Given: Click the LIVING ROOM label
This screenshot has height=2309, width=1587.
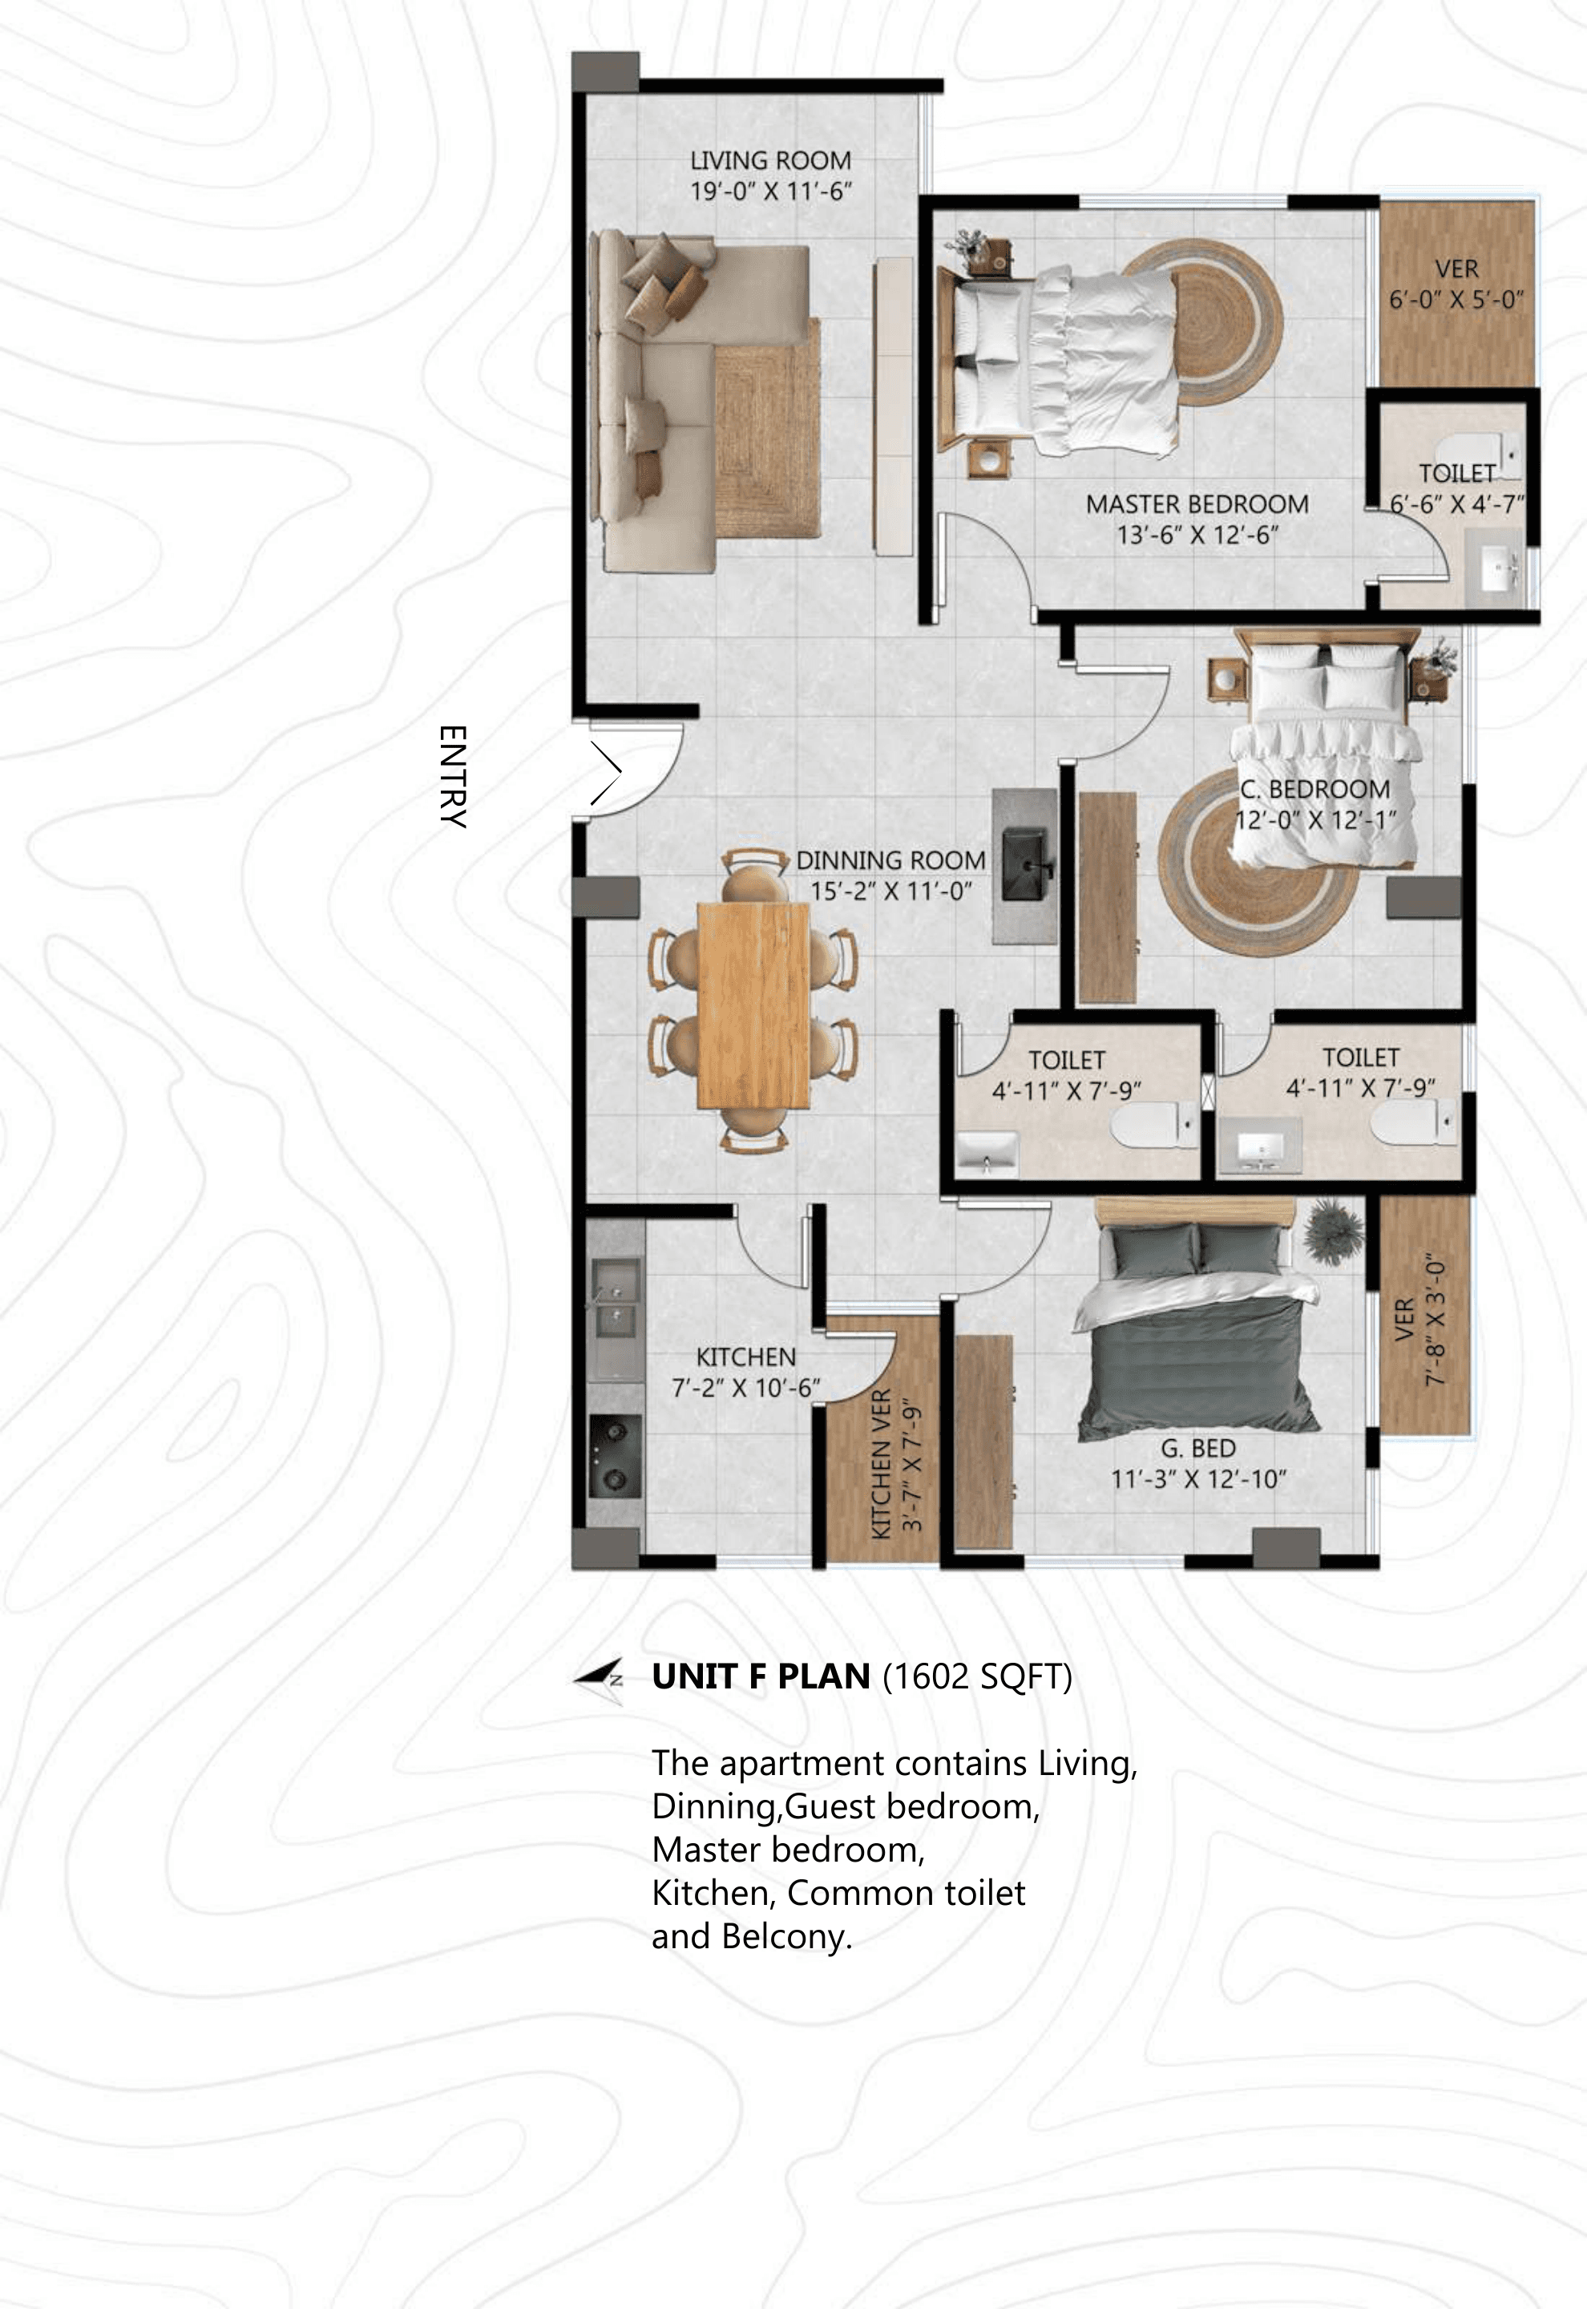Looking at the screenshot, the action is pos(770,160).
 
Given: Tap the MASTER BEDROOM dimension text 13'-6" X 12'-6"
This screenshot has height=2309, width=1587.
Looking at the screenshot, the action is pos(1197,535).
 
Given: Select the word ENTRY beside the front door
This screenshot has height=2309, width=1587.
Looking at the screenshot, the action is pos(452,775).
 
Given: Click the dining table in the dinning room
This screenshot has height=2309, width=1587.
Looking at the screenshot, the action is pos(753,1005).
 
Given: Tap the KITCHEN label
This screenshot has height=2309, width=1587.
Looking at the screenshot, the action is pos(745,1357).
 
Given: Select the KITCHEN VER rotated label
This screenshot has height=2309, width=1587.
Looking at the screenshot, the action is pos(881,1462).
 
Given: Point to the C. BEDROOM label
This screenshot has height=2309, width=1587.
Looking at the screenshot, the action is pos(1314,790).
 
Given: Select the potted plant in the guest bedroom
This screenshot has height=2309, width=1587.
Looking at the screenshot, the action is pos(1332,1231).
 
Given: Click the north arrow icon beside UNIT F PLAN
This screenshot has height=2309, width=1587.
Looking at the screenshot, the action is pos(600,1680).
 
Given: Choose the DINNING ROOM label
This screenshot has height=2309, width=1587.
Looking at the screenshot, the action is pos(891,860).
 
